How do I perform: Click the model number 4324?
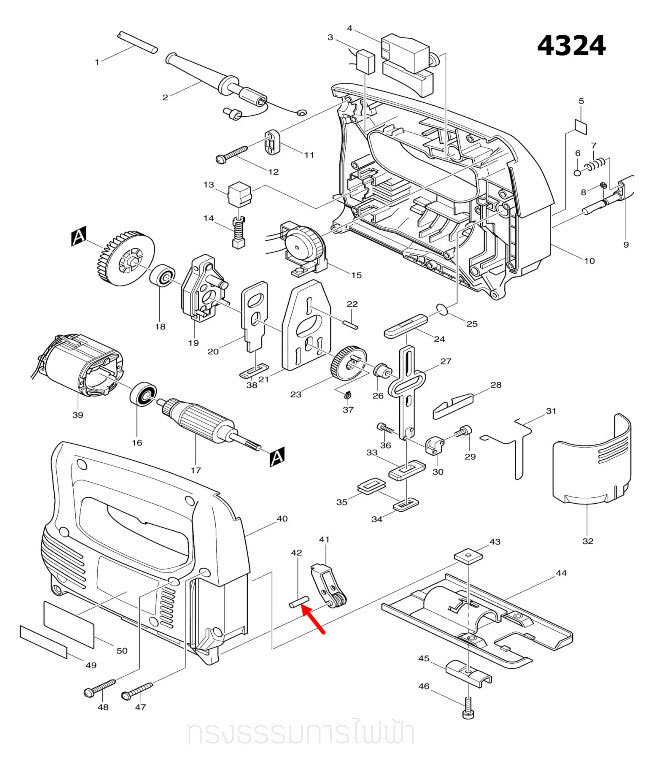click(571, 46)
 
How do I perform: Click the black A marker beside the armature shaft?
click(276, 457)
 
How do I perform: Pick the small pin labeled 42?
click(296, 601)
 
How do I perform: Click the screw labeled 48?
click(92, 690)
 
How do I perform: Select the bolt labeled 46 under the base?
click(471, 711)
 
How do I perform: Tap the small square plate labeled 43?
click(466, 552)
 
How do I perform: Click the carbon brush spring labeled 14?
click(240, 236)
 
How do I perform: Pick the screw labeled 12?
click(233, 155)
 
